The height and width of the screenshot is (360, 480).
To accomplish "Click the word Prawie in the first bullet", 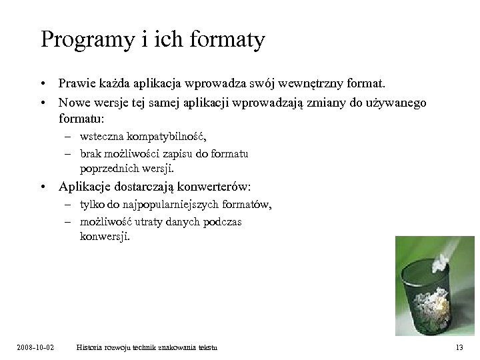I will coord(76,85).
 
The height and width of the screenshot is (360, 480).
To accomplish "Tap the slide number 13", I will coord(459,348).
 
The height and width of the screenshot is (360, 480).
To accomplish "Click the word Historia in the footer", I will coord(91,348).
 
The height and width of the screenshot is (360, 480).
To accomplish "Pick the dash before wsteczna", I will coord(69,137).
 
